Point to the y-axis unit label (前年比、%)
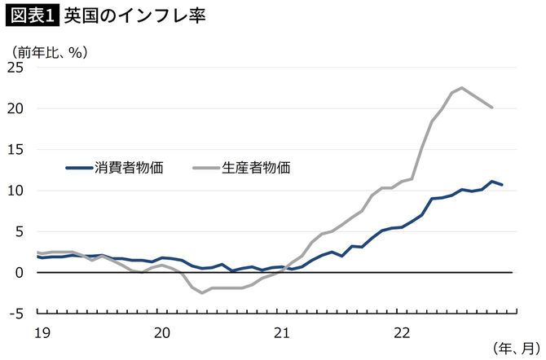[51, 51]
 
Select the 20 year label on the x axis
[162, 331]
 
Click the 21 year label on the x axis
[281, 331]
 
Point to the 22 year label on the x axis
[400, 331]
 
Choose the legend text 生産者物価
[257, 168]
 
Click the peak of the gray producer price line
[461, 88]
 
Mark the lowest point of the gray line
[202, 292]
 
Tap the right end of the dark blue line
[502, 185]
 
